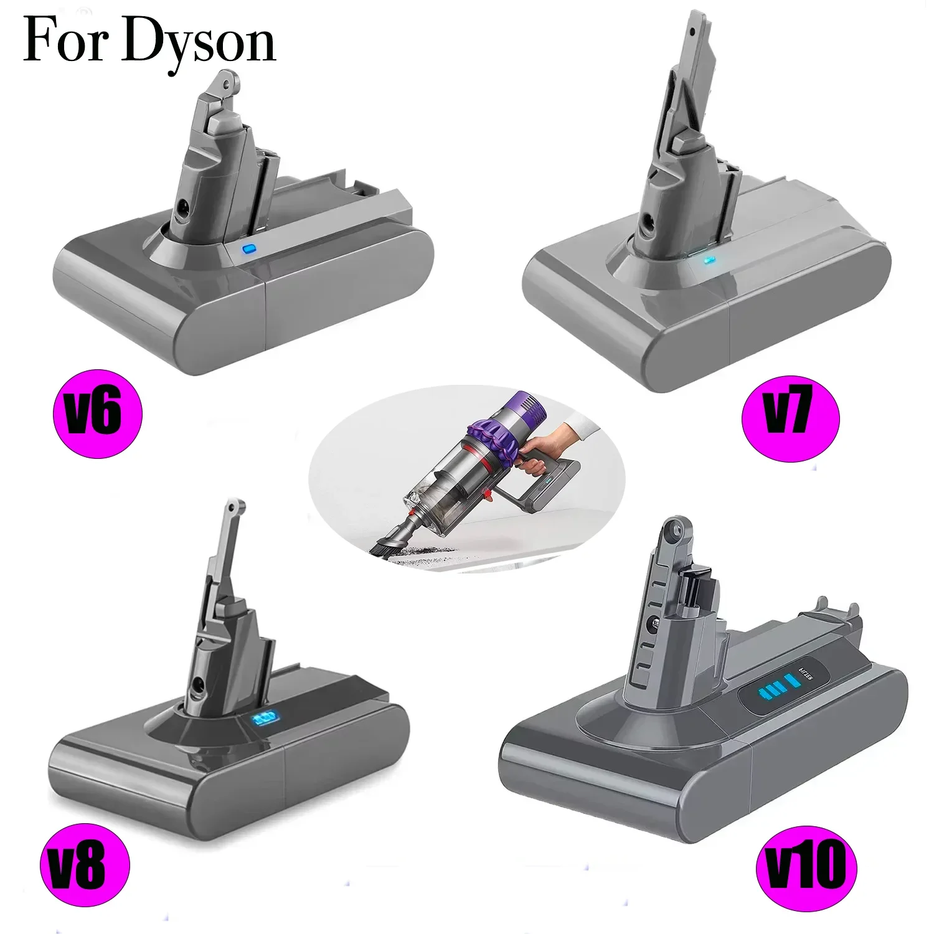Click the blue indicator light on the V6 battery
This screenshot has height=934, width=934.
(x=249, y=250)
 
